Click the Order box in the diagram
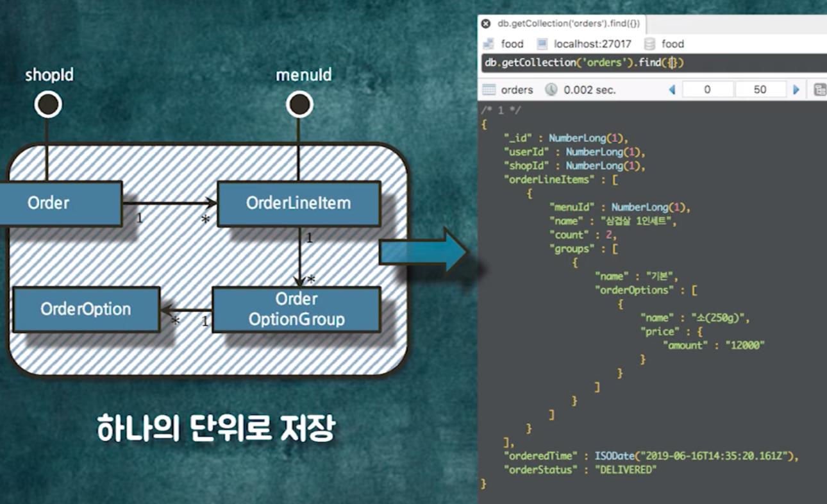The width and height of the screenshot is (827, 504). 58,204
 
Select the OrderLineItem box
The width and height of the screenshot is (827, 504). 299,204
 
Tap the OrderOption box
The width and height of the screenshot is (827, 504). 86,309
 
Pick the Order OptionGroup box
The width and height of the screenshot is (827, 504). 296,309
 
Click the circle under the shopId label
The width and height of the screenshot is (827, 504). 48,105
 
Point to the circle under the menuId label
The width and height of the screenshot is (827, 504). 299,105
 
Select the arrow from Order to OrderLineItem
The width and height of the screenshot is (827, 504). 169,204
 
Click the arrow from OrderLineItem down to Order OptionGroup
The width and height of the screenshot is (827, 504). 299,256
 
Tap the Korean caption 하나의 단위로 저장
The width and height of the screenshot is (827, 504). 216,428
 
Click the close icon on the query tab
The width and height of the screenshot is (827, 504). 487,24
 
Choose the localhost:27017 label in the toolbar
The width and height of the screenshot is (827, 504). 592,44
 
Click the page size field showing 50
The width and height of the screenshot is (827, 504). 760,90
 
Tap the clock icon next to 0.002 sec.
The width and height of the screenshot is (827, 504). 551,90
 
